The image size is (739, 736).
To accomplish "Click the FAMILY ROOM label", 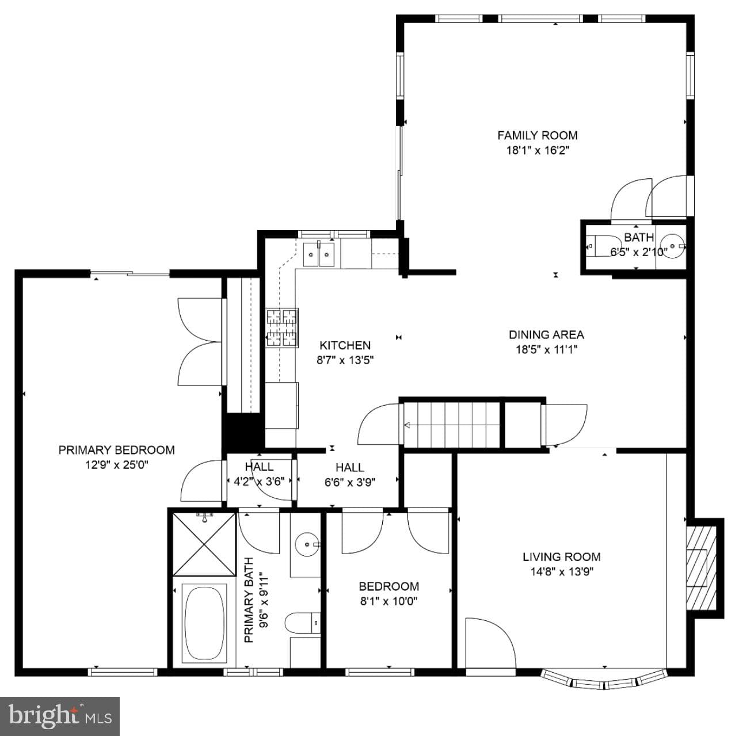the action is (538, 135).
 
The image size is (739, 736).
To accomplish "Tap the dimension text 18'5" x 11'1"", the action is (547, 349).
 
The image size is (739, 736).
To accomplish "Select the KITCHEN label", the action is (345, 345).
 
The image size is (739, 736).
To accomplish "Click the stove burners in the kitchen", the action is (283, 328).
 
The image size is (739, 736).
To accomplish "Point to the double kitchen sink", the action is (319, 254).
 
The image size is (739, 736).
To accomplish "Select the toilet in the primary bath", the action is (303, 623).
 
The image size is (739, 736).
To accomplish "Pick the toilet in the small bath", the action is (599, 245).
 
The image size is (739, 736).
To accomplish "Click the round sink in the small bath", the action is (673, 246).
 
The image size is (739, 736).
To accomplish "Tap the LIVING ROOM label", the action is (561, 556).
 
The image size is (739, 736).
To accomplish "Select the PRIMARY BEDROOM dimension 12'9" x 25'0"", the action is (117, 465).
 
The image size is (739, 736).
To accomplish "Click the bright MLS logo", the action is (60, 716).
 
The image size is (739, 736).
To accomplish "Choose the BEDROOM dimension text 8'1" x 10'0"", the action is (388, 601).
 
